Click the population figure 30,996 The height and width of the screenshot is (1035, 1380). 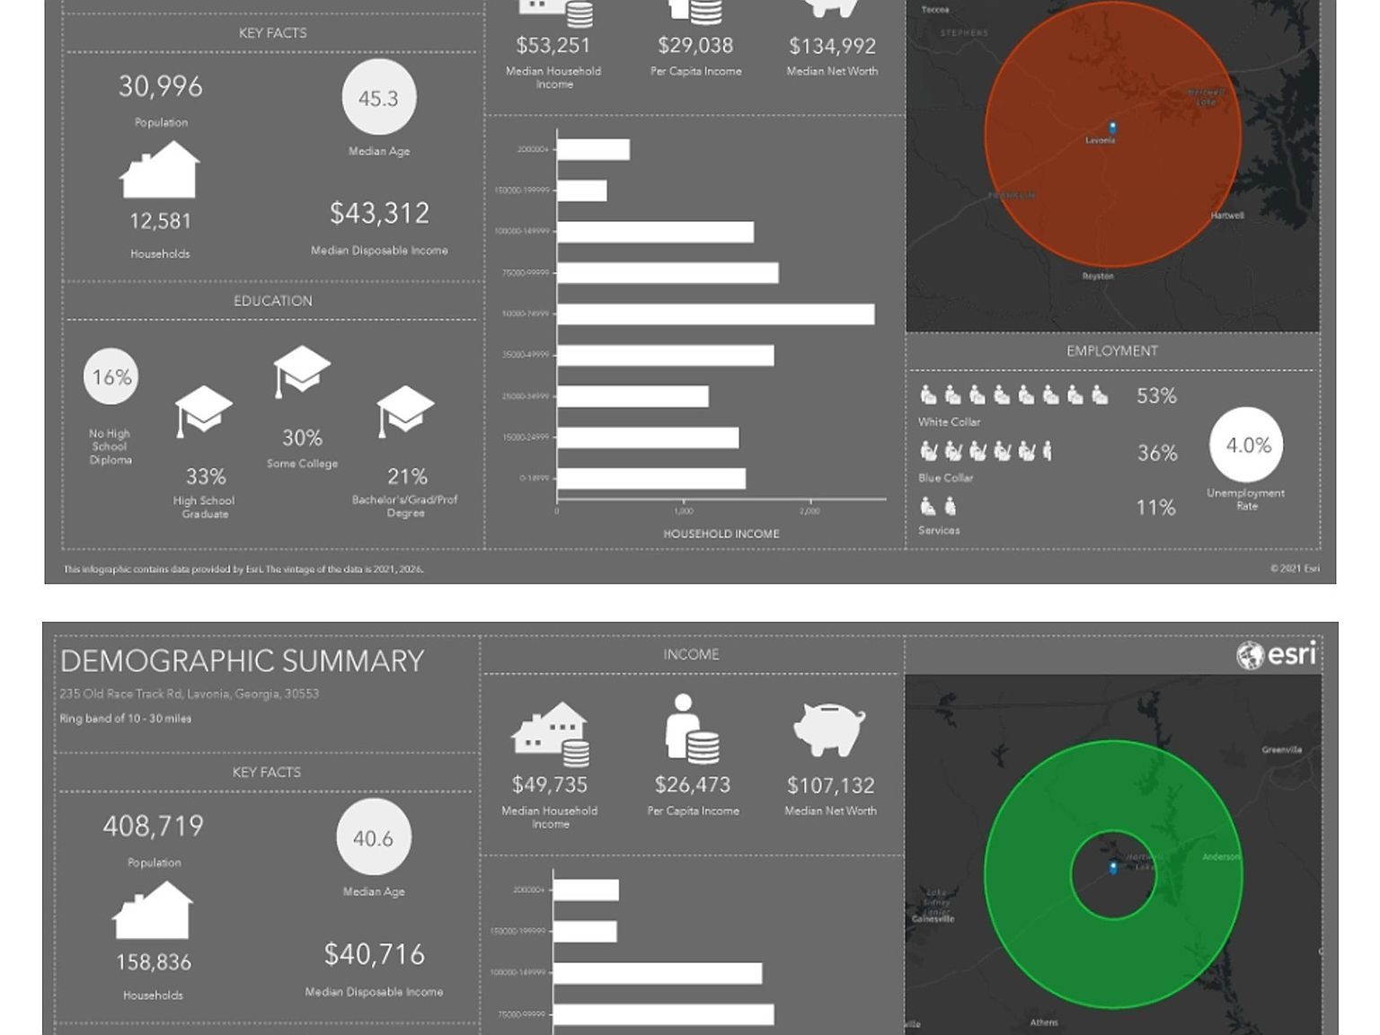pyautogui.click(x=161, y=86)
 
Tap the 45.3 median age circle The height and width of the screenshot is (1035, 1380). pyautogui.click(x=378, y=98)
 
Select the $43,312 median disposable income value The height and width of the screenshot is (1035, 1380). pyautogui.click(x=379, y=214)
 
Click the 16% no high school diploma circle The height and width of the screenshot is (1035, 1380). pyautogui.click(x=111, y=377)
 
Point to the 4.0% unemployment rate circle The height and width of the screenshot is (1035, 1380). pyautogui.click(x=1247, y=445)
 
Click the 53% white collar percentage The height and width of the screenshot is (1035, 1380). pyautogui.click(x=1156, y=396)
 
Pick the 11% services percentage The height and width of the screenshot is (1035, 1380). pyautogui.click(x=1155, y=508)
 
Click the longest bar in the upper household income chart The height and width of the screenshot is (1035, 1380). pyautogui.click(x=715, y=314)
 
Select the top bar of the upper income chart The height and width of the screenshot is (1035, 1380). pyautogui.click(x=593, y=149)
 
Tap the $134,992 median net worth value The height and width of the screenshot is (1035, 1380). pyautogui.click(x=832, y=46)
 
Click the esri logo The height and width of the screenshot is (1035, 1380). pyautogui.click(x=1277, y=655)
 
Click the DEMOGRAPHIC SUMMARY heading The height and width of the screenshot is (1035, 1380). pyautogui.click(x=242, y=661)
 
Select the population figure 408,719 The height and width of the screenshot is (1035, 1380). pyautogui.click(x=154, y=827)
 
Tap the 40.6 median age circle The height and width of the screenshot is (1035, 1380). pyautogui.click(x=373, y=837)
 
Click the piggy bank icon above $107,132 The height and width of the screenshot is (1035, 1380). pyautogui.click(x=828, y=728)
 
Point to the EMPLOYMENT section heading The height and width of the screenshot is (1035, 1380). pyautogui.click(x=1111, y=351)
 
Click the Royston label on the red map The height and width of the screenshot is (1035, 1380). pyautogui.click(x=1098, y=276)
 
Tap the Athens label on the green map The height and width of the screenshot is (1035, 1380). pyautogui.click(x=1044, y=1022)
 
